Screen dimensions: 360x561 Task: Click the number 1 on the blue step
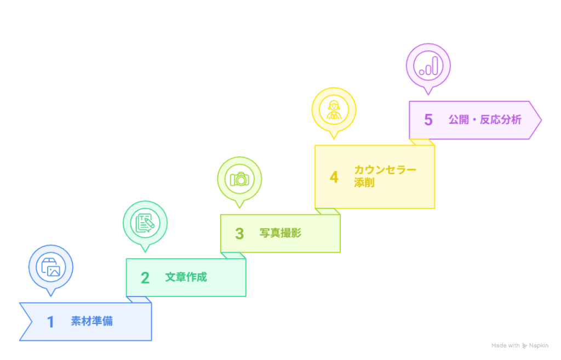pos(51,322)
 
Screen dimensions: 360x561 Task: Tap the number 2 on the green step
pos(145,278)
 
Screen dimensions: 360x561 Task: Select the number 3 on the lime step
pos(239,233)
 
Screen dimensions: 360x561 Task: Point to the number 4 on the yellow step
pos(334,178)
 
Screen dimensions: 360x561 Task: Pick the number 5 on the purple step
pos(428,120)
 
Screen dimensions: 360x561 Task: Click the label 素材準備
pos(91,321)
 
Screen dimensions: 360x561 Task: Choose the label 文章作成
pos(186,277)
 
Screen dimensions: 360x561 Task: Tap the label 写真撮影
pos(280,233)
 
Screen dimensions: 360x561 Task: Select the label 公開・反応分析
pos(485,119)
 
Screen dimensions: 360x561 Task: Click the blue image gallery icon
pos(51,267)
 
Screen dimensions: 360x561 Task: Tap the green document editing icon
pos(145,222)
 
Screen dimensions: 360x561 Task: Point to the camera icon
pos(239,179)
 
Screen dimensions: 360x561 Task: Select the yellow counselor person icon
pos(334,109)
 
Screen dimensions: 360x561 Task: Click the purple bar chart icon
pos(428,66)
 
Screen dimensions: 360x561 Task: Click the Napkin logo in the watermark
pos(524,346)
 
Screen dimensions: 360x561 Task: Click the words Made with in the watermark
pos(505,346)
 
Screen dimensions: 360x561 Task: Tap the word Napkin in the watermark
pos(539,346)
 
